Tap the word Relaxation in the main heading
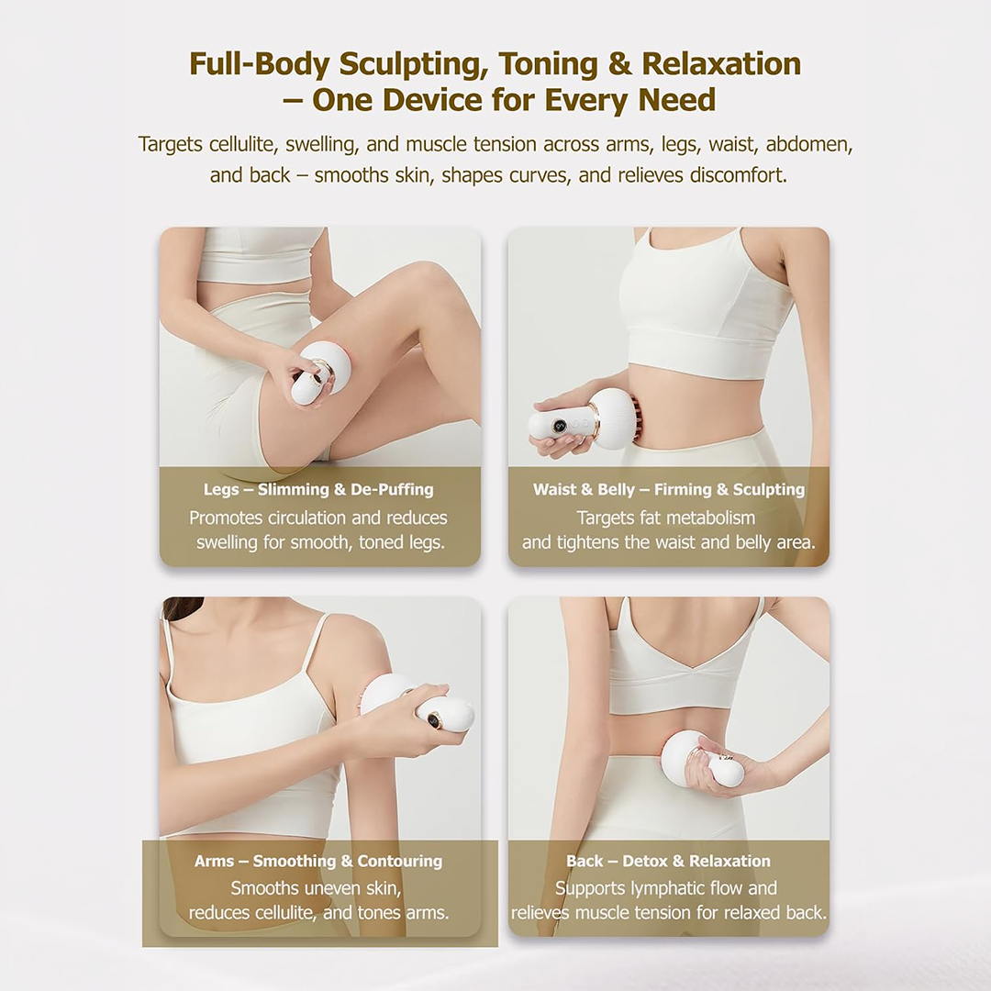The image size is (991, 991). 722,64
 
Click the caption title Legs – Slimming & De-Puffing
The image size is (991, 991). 318,489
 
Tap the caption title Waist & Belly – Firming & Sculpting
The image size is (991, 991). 669,489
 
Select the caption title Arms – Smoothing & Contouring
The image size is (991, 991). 318,861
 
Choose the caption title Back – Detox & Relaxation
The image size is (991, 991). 669,861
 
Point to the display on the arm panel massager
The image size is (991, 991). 435,718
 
